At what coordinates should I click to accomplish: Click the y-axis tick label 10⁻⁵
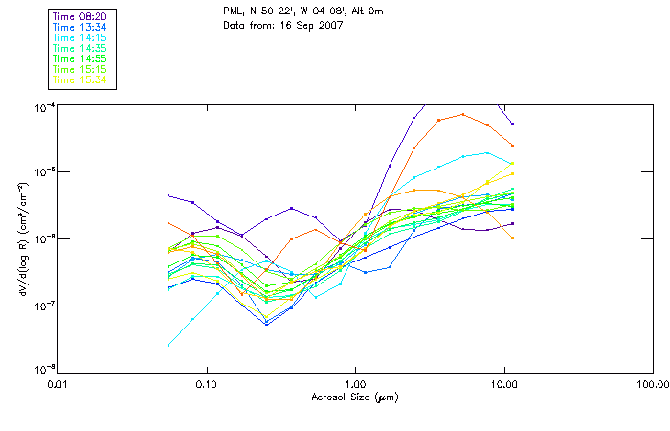[44, 172]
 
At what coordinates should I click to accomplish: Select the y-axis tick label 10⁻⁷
[44, 306]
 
